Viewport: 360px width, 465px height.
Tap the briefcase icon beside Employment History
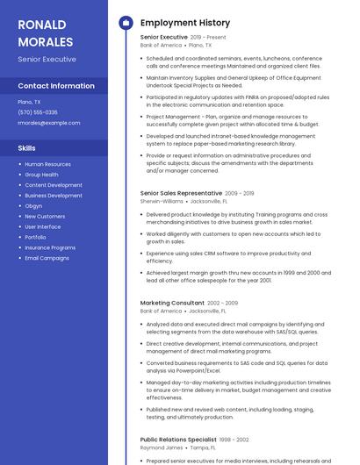pyautogui.click(x=125, y=22)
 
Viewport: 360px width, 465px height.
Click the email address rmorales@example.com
pyautogui.click(x=48, y=123)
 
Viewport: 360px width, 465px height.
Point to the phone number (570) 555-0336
pyautogui.click(x=38, y=112)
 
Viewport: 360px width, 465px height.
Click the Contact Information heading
pyautogui.click(x=56, y=86)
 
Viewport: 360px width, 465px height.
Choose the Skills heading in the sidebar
pyautogui.click(x=27, y=148)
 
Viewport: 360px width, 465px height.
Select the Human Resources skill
pyautogui.click(x=47, y=164)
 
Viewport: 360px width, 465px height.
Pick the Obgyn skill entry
pyautogui.click(x=34, y=205)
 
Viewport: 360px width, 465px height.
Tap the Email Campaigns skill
pyautogui.click(x=47, y=258)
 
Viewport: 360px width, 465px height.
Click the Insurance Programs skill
pyautogui.click(x=50, y=247)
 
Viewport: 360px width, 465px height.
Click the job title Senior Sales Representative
pyautogui.click(x=181, y=192)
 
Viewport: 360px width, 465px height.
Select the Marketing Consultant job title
pyautogui.click(x=172, y=303)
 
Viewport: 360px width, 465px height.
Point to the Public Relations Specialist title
pyautogui.click(x=178, y=439)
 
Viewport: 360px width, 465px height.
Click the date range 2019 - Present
pyautogui.click(x=208, y=38)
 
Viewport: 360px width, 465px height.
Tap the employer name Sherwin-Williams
pyautogui.click(x=163, y=201)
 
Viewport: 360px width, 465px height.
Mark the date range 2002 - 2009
pyautogui.click(x=223, y=303)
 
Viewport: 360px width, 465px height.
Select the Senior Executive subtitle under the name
pyautogui.click(x=47, y=60)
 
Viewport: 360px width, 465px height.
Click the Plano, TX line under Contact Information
pyautogui.click(x=29, y=102)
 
